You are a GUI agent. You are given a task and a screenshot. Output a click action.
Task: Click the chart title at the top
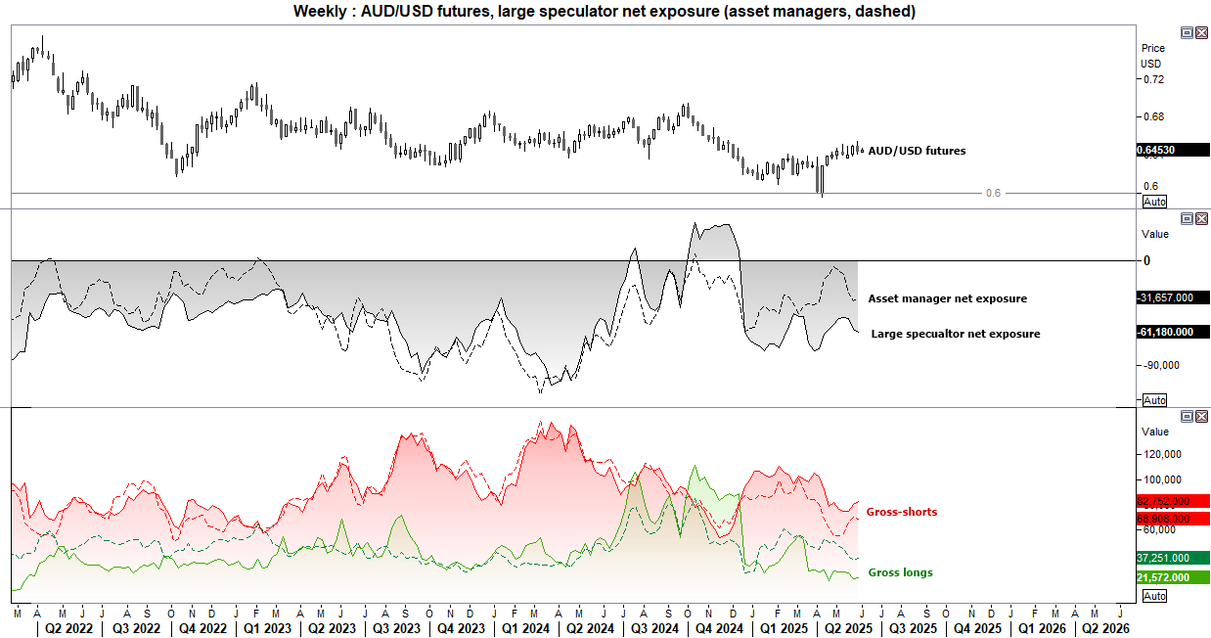(605, 11)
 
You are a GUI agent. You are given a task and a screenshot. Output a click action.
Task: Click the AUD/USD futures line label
(917, 151)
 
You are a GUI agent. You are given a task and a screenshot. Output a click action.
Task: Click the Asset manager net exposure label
(947, 298)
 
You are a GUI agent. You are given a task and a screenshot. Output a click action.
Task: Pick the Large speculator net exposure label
(955, 334)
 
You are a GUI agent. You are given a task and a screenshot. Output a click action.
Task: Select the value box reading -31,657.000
(1173, 297)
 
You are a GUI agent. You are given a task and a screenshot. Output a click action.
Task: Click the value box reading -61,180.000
(1173, 332)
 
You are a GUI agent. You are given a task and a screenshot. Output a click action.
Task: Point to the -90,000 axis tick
(1161, 365)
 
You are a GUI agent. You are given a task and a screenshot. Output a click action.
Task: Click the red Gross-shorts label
(901, 512)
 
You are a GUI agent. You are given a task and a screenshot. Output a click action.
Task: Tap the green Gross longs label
(899, 572)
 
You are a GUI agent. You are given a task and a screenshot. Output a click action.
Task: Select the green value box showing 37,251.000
(1163, 558)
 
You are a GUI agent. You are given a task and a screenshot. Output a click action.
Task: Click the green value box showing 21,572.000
(1163, 577)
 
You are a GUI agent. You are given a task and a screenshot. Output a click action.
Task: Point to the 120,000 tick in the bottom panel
(1161, 454)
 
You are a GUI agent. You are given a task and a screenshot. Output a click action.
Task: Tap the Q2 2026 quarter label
(1103, 628)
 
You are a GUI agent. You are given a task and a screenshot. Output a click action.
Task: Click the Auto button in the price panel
(1154, 201)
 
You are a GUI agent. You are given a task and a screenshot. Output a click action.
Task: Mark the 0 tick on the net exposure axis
(1145, 260)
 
